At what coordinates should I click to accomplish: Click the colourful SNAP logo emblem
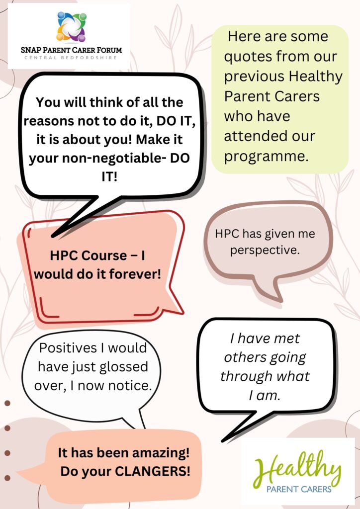click(72, 27)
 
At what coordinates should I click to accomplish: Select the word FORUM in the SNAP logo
click(108, 50)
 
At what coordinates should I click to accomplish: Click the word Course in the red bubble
click(103, 255)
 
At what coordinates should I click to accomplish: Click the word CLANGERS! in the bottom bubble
click(153, 472)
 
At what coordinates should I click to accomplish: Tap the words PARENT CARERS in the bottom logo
click(299, 489)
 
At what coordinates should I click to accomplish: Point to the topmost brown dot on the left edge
click(7, 403)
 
